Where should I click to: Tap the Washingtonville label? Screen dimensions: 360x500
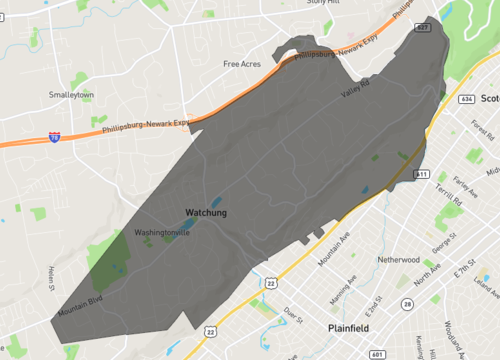(x=162, y=233)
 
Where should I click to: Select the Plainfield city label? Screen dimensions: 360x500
(x=350, y=328)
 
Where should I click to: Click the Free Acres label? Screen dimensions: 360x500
(x=242, y=64)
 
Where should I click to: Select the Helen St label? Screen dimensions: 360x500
(x=50, y=279)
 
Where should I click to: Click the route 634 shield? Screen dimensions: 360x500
(x=467, y=99)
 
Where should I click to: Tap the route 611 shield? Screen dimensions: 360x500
(x=420, y=173)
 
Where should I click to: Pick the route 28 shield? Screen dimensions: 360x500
(x=407, y=303)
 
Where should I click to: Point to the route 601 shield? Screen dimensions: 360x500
(x=375, y=353)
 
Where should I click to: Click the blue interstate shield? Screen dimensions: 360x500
(x=53, y=136)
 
